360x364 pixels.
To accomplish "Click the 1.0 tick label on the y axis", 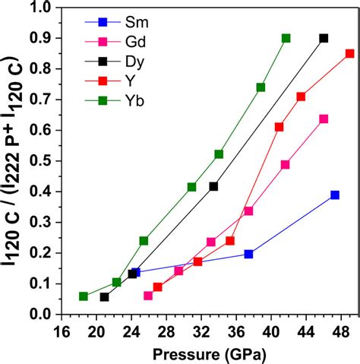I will [47, 7].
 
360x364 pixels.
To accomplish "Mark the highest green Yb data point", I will [286, 38].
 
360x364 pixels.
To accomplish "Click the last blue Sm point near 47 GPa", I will [335, 195].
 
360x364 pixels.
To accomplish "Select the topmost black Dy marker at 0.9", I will [324, 38].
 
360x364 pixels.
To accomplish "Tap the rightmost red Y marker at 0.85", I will [349, 53].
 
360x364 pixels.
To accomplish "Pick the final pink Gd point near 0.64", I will [324, 119].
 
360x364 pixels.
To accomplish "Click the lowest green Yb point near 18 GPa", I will [83, 296].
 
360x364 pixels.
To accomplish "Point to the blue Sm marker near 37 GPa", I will [248, 254].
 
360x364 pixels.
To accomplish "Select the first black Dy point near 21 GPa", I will [104, 297].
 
